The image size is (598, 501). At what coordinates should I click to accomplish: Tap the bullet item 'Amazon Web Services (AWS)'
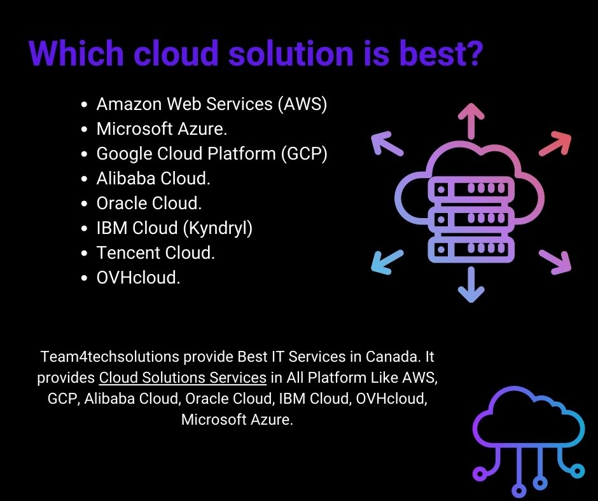212,104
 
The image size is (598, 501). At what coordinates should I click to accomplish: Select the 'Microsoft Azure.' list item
162,129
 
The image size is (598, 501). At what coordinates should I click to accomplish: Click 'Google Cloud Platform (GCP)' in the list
212,154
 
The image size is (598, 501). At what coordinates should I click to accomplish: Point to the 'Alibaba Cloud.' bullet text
153,179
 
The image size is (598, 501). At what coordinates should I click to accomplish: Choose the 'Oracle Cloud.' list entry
149,203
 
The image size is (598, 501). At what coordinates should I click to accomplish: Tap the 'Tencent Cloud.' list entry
156,253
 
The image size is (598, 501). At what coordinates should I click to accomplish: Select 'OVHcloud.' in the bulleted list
139,278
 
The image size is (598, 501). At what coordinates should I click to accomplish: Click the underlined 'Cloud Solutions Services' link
183,378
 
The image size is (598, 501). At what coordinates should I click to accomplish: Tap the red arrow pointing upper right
555,144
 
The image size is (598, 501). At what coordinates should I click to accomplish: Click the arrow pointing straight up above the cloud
471,119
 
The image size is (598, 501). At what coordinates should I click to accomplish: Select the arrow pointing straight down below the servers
471,284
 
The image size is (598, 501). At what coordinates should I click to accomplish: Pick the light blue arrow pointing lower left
387,263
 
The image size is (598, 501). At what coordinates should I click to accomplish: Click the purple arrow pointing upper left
387,144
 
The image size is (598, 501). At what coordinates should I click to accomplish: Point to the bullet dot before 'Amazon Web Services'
85,105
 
